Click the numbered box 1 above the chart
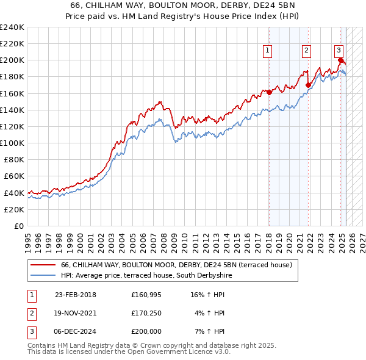pyautogui.click(x=268, y=51)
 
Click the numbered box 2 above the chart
pyautogui.click(x=306, y=51)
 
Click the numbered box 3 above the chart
pyautogui.click(x=339, y=51)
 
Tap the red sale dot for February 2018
pyautogui.click(x=269, y=93)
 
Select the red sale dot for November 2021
pyautogui.click(x=308, y=85)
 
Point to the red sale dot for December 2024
pyautogui.click(x=340, y=60)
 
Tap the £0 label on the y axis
pyautogui.click(x=18, y=226)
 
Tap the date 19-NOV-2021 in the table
pyautogui.click(x=76, y=313)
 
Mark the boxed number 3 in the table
pyautogui.click(x=31, y=331)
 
